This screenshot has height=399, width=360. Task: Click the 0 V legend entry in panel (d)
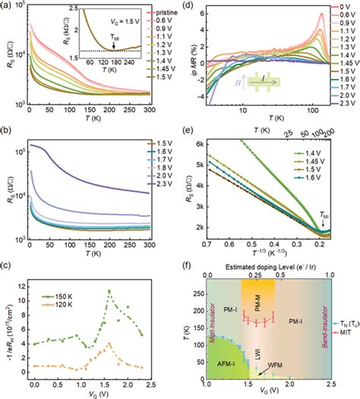340,9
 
